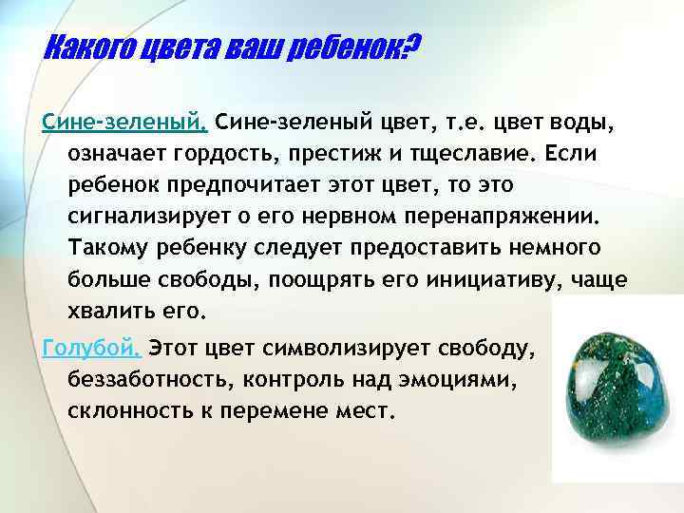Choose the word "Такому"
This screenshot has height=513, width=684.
click(107, 248)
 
